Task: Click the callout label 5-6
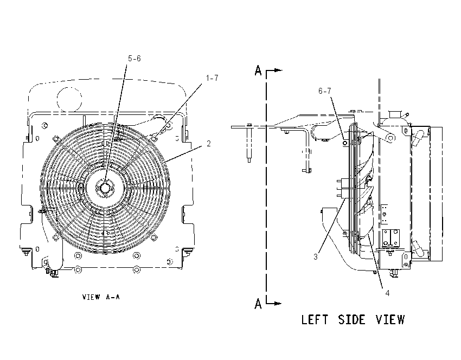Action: tap(134, 59)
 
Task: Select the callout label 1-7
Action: tap(212, 78)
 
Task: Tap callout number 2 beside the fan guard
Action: tap(208, 144)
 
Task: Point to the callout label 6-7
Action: tap(324, 91)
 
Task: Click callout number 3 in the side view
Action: tap(316, 257)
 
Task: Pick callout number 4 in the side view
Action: tap(387, 293)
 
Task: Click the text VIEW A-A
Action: tap(101, 297)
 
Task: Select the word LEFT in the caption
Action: tap(314, 319)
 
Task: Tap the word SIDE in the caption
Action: tap(351, 319)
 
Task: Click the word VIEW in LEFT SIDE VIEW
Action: tap(390, 319)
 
